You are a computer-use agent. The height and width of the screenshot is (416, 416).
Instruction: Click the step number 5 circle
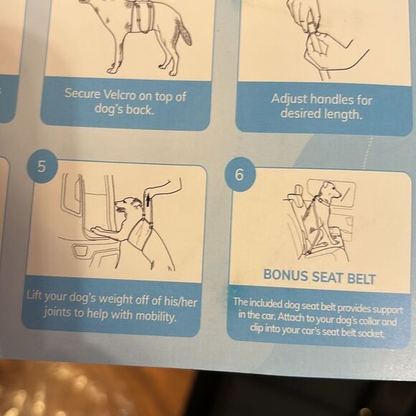tap(42, 166)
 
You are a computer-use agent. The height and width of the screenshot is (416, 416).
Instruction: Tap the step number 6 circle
tap(240, 174)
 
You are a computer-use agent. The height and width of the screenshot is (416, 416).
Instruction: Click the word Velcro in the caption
tap(119, 95)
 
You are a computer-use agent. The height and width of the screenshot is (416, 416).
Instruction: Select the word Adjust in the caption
tap(289, 99)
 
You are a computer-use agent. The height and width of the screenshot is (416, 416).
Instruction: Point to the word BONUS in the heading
tap(285, 275)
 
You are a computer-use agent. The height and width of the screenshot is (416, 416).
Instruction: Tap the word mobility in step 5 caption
tap(156, 316)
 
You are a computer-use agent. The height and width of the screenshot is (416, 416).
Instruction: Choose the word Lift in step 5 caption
tap(34, 295)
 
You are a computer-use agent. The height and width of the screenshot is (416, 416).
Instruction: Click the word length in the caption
tap(343, 114)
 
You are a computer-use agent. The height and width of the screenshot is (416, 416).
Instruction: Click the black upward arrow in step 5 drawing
tap(148, 200)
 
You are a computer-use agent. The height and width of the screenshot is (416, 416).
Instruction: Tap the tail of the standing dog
tap(184, 32)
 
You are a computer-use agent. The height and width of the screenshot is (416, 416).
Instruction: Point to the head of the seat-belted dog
tap(329, 190)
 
